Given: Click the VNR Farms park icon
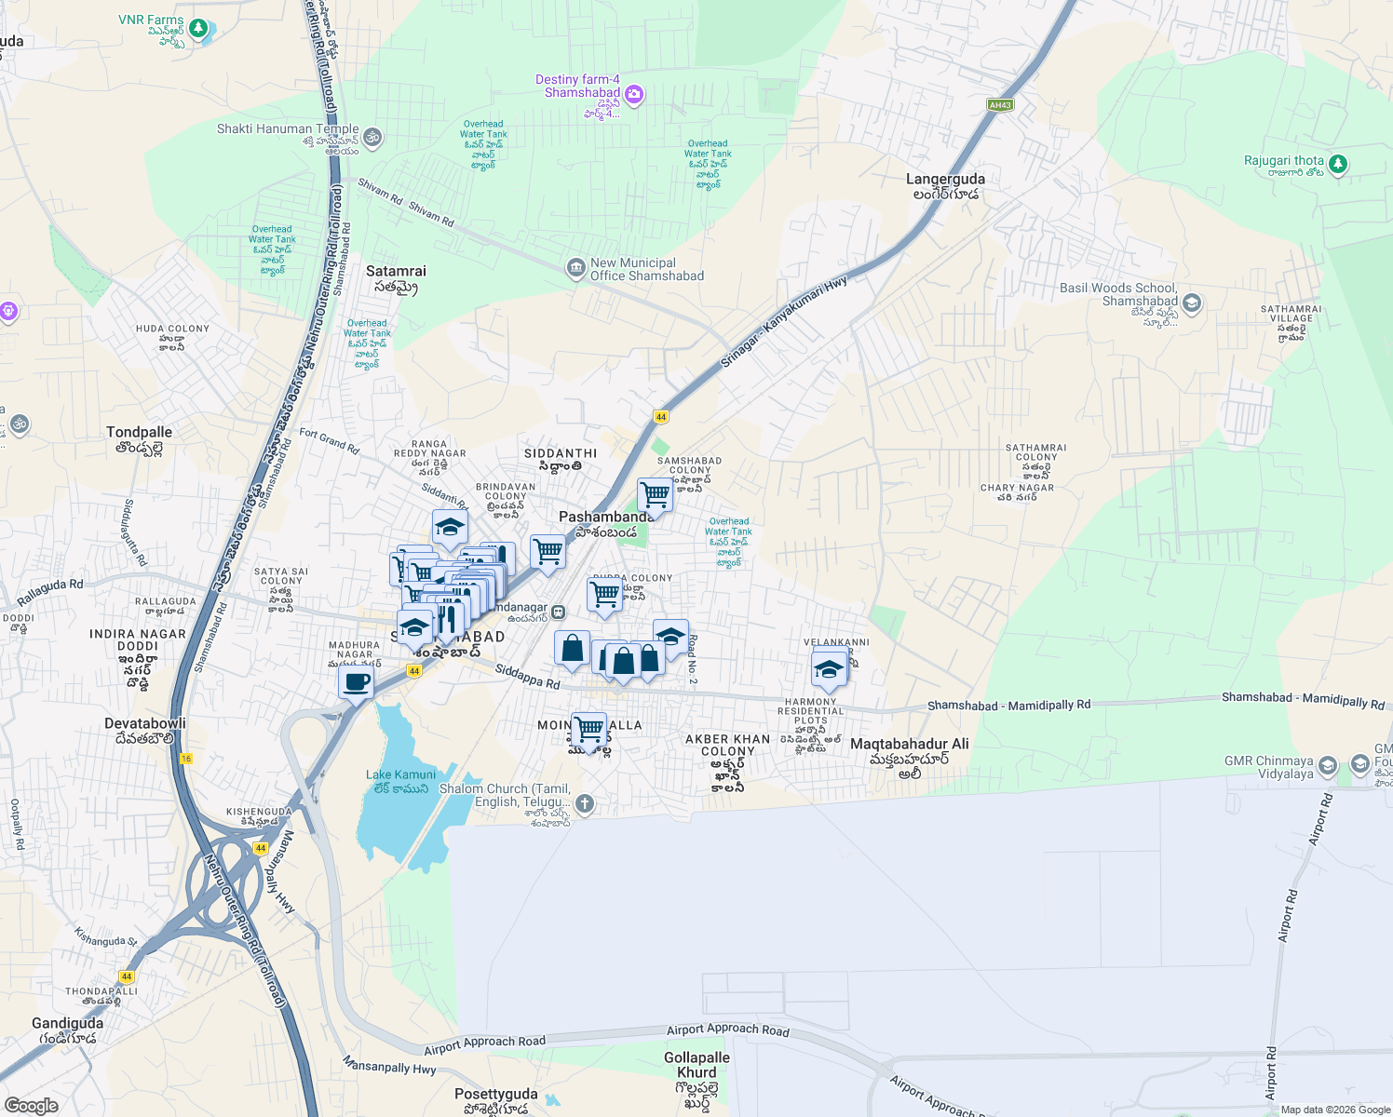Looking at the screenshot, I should click(197, 28).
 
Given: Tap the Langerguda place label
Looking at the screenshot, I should click(945, 180).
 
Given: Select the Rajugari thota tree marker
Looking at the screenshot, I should click(1338, 164).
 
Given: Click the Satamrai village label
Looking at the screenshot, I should click(396, 272).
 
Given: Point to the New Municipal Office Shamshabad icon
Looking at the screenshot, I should click(575, 268).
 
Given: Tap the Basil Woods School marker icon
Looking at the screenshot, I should click(1191, 303).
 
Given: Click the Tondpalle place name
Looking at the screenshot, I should click(139, 433).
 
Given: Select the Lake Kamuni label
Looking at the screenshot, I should click(400, 775).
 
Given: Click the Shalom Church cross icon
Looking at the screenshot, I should click(585, 804).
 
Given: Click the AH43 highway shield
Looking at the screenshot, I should click(1000, 105).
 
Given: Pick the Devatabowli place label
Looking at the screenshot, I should click(144, 724).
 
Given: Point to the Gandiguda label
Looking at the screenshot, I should click(67, 1024).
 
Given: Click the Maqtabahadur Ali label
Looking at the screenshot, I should click(909, 745).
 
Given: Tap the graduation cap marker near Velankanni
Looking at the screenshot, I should click(828, 668).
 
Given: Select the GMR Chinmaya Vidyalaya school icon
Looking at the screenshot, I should click(1328, 765).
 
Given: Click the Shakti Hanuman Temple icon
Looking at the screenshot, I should click(372, 138).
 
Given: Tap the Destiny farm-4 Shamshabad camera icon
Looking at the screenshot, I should click(634, 94).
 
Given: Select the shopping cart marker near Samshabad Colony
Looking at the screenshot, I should click(655, 494).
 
